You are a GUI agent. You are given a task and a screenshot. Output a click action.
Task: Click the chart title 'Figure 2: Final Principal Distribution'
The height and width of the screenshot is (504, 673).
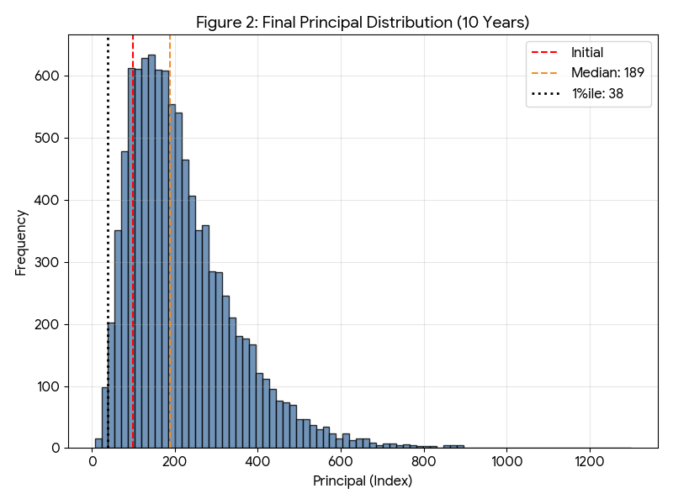[x=363, y=23]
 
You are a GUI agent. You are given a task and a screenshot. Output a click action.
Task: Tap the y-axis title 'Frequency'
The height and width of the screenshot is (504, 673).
[x=21, y=243]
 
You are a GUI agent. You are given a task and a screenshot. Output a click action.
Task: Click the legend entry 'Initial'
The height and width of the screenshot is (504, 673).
[x=587, y=53]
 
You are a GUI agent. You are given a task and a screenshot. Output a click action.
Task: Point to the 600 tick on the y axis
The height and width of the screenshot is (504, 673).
[x=49, y=76]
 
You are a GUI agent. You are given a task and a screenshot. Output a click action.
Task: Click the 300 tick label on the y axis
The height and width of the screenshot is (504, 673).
[x=49, y=263]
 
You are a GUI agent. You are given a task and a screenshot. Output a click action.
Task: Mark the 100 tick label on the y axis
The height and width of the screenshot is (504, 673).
[x=49, y=387]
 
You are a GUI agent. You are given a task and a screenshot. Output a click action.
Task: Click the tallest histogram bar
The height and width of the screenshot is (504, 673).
[x=151, y=252]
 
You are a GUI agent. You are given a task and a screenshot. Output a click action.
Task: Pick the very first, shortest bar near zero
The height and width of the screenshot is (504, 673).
[x=98, y=444]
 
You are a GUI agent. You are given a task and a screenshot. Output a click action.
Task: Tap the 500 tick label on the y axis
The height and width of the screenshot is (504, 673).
[x=49, y=139]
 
